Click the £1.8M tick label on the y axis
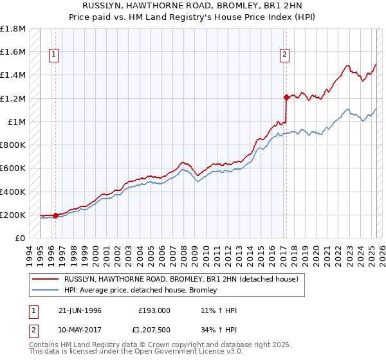click(x=14, y=29)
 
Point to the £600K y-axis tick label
click(x=14, y=168)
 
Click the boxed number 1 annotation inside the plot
click(x=55, y=55)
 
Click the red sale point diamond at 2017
click(x=286, y=98)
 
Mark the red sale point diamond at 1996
click(x=55, y=216)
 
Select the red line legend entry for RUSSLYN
click(x=181, y=280)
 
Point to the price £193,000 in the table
click(x=154, y=310)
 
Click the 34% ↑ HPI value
click(x=219, y=330)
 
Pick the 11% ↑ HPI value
click(x=219, y=310)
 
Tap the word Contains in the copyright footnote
click(x=46, y=345)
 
